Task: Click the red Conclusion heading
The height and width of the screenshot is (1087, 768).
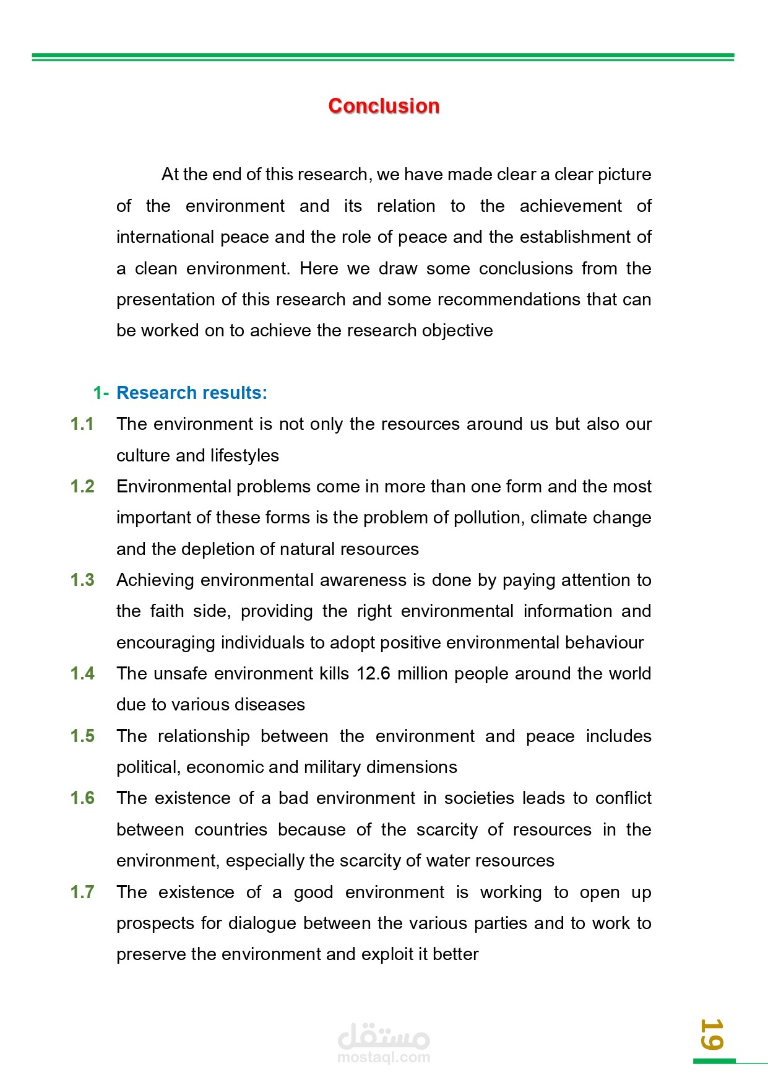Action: tap(384, 106)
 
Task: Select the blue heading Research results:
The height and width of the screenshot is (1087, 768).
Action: tap(192, 393)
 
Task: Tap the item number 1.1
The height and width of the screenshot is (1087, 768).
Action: tap(82, 424)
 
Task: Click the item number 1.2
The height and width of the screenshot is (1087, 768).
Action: tap(82, 486)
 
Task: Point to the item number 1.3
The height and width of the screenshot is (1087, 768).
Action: tap(82, 580)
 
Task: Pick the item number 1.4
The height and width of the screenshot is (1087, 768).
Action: tap(82, 673)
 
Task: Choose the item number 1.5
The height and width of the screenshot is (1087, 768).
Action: tap(82, 736)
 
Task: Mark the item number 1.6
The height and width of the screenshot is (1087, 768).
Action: tap(82, 798)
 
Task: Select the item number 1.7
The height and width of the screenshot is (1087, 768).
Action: tap(82, 892)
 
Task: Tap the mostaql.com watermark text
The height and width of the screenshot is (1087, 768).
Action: tap(384, 1057)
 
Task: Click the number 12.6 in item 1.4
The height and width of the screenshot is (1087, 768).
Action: tap(373, 673)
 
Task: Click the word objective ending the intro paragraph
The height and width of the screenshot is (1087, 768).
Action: tap(457, 331)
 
